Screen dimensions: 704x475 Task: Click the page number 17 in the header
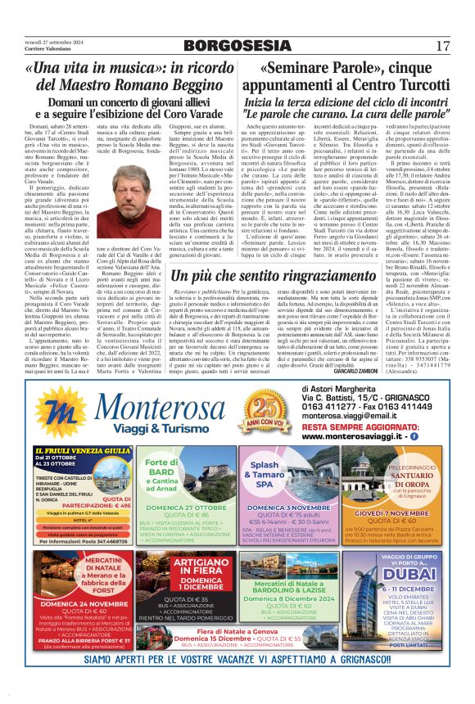443,46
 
